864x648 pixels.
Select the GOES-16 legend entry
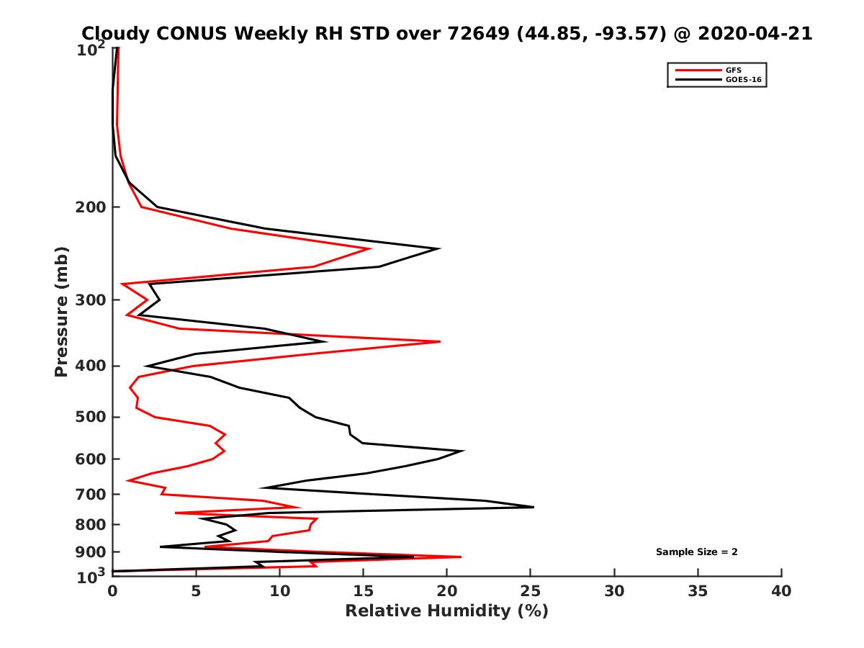(x=741, y=80)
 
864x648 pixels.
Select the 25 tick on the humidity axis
(x=531, y=591)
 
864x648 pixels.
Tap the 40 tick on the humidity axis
(x=781, y=591)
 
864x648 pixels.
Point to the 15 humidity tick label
(x=364, y=591)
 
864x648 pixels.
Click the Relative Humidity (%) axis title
(x=446, y=611)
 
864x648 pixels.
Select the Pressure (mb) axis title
(x=61, y=311)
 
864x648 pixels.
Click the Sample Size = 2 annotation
(x=696, y=552)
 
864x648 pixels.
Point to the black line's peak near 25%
(x=534, y=507)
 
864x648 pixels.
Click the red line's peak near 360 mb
(x=440, y=341)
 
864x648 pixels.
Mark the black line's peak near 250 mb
(x=439, y=248)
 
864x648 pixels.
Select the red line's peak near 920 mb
(x=461, y=557)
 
